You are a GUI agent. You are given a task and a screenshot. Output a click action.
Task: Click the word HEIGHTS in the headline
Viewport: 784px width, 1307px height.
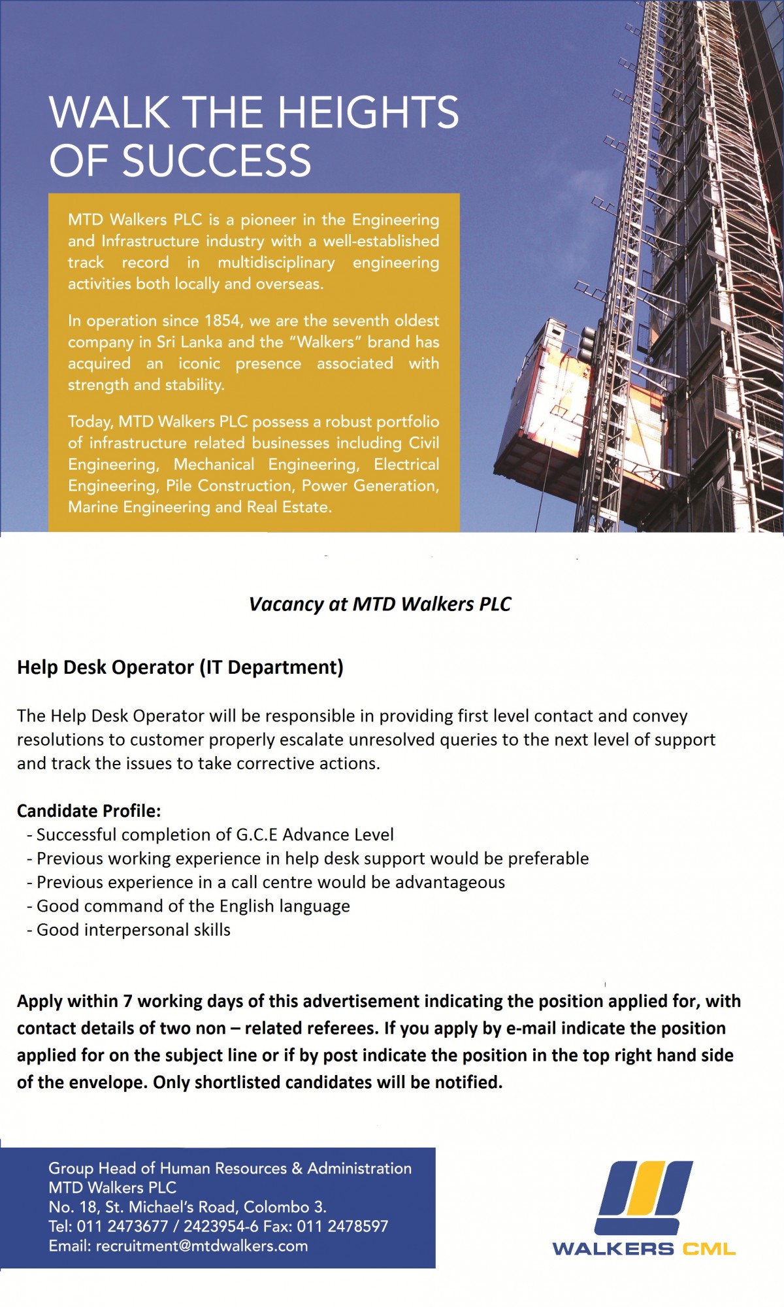368,112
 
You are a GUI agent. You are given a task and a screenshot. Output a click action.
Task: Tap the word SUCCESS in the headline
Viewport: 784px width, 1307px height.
217,161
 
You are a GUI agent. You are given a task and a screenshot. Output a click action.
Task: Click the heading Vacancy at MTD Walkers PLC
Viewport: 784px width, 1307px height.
380,604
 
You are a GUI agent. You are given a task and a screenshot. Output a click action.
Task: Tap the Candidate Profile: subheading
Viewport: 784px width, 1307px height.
89,811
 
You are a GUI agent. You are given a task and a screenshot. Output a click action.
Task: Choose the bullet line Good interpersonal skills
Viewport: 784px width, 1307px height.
133,930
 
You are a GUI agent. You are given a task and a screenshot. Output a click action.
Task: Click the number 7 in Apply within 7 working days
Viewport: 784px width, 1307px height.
128,1001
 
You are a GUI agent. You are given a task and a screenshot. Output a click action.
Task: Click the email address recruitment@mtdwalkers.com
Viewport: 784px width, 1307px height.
202,1246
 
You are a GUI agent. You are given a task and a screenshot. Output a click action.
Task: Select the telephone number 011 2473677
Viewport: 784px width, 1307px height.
122,1226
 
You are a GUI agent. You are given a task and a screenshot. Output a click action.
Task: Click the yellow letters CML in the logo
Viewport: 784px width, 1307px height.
709,1249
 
